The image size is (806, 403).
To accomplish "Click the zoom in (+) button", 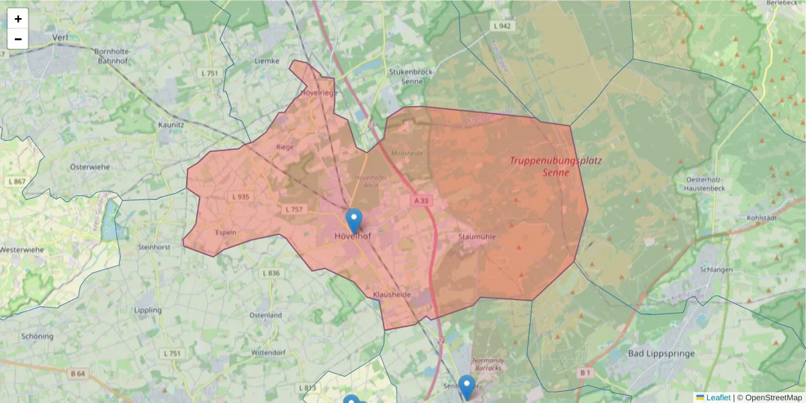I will (18, 19).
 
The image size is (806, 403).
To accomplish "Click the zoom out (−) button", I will (18, 39).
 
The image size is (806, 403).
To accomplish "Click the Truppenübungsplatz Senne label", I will (555, 167).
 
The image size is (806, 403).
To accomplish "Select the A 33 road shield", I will (421, 201).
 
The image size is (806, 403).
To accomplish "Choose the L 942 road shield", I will (502, 26).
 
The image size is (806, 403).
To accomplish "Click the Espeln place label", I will (226, 232).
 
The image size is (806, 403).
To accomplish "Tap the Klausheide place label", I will (391, 295).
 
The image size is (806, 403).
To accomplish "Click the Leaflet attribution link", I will (717, 398).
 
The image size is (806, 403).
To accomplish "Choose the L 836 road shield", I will (271, 273).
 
